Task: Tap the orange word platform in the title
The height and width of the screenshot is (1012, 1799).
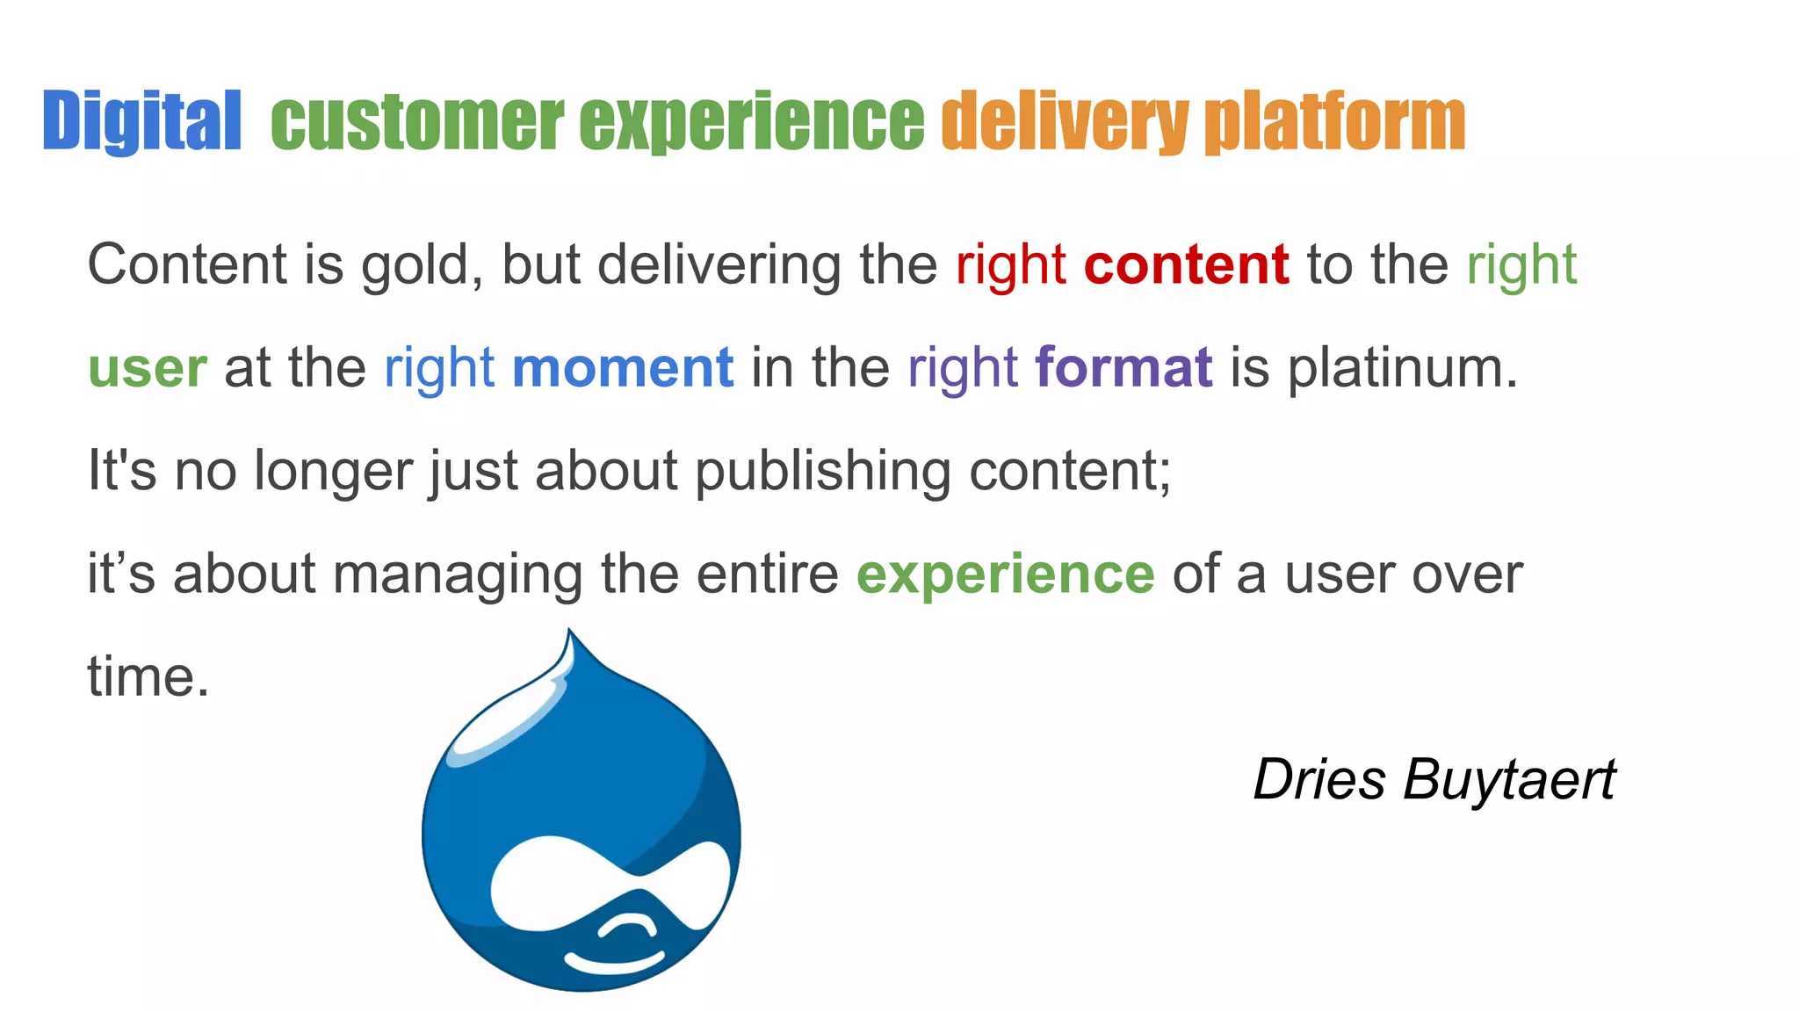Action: click(x=1334, y=123)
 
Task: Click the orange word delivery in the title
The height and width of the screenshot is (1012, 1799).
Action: click(x=1064, y=123)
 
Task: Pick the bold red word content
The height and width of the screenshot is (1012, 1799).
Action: click(x=1186, y=264)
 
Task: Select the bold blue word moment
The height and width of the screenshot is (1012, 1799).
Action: click(x=623, y=367)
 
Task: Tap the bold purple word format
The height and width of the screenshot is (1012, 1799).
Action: click(x=1123, y=367)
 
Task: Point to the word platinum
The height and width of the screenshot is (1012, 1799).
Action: click(x=1402, y=369)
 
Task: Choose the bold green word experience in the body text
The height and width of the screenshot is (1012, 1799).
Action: click(x=1005, y=575)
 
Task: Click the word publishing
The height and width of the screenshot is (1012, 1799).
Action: click(x=823, y=473)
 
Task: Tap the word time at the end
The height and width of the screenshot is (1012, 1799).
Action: click(x=148, y=677)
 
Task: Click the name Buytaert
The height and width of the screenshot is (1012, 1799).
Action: click(x=1508, y=780)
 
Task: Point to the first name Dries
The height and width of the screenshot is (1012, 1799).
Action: click(x=1319, y=780)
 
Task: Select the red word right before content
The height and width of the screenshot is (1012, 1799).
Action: click(x=1010, y=266)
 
